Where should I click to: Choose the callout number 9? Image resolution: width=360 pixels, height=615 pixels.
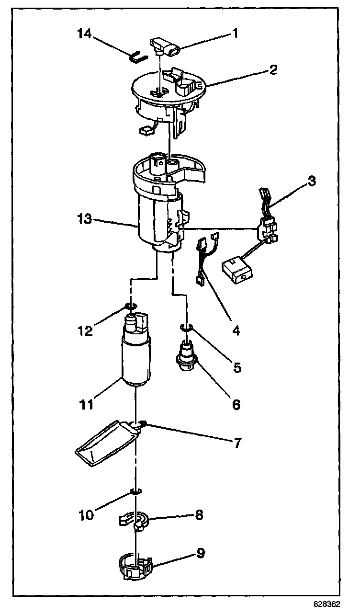tap(201, 553)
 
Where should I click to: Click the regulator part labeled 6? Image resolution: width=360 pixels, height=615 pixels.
tap(187, 355)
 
